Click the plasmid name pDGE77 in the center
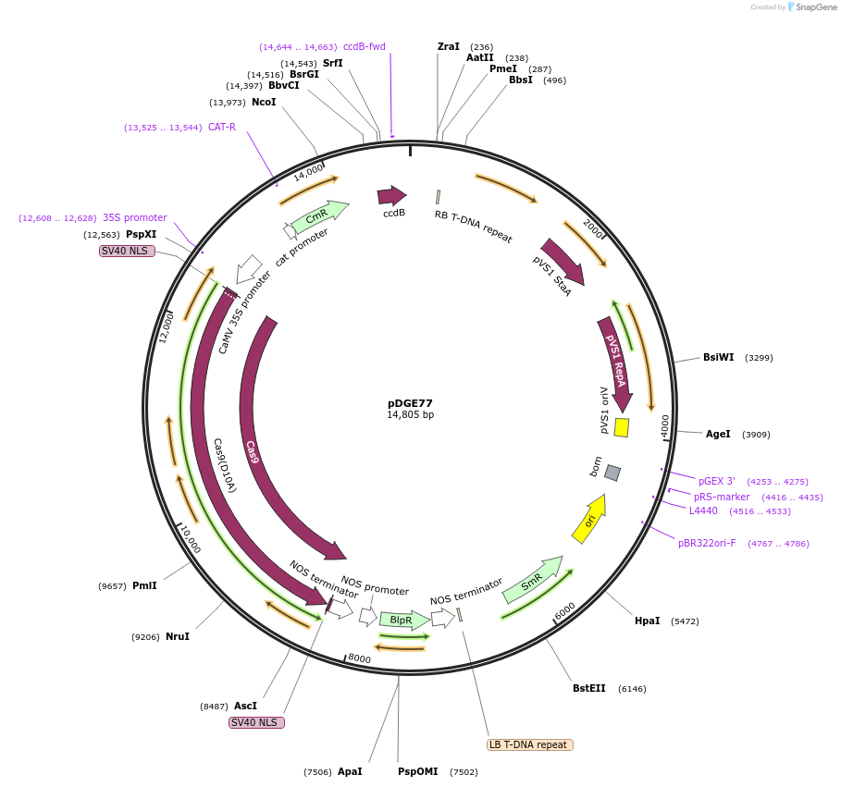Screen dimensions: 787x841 pos(410,403)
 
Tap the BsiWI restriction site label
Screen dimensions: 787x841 pos(718,357)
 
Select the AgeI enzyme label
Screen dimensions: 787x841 pos(718,434)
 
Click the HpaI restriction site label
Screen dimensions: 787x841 pos(647,621)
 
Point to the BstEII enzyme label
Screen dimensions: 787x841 pos(588,688)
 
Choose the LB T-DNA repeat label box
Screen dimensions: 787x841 pos(529,744)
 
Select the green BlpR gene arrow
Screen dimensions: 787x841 pos(403,620)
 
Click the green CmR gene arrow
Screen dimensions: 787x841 pos(319,215)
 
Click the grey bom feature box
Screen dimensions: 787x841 pos(612,473)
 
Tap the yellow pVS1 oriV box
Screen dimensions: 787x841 pos(622,427)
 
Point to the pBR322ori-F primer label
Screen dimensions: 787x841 pos(707,543)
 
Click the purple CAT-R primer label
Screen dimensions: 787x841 pos(221,127)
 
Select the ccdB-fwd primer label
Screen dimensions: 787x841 pos(364,46)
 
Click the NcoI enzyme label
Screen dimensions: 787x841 pos(264,102)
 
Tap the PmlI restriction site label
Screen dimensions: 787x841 pos(144,585)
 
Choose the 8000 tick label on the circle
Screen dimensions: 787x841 pos(359,659)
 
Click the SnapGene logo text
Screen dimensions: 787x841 pos(813,6)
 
